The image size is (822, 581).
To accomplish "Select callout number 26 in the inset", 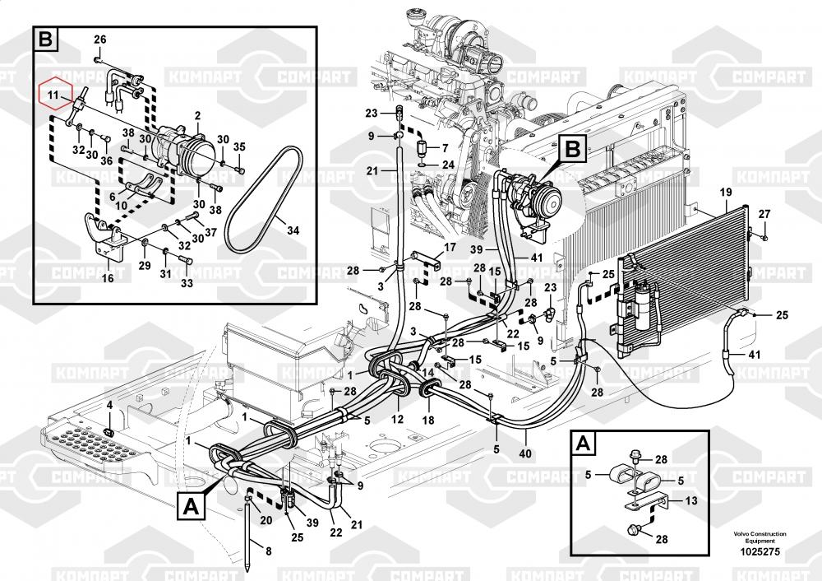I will click(99, 40).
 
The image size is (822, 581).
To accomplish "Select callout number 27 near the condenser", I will click(764, 214).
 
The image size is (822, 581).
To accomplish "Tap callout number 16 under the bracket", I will click(107, 278).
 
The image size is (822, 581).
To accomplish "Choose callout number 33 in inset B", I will click(186, 283).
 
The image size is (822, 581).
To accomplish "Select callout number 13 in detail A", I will click(690, 502).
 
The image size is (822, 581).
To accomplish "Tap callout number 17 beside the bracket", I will click(450, 247).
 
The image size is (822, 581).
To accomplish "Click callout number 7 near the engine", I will click(446, 148).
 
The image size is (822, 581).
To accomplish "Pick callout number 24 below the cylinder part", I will click(448, 165).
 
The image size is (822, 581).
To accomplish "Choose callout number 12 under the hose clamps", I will click(397, 419).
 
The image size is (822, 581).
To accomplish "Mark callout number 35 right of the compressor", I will click(239, 146).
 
